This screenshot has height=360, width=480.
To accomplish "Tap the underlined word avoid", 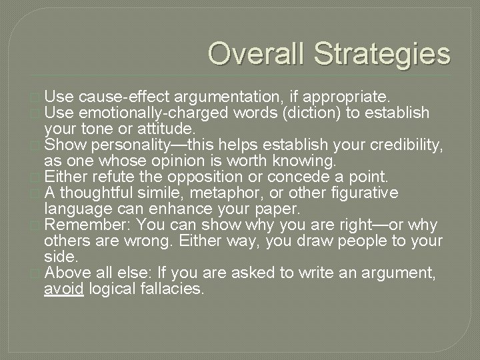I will point(63,289).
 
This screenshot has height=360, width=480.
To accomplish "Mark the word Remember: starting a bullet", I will point(84,225).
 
